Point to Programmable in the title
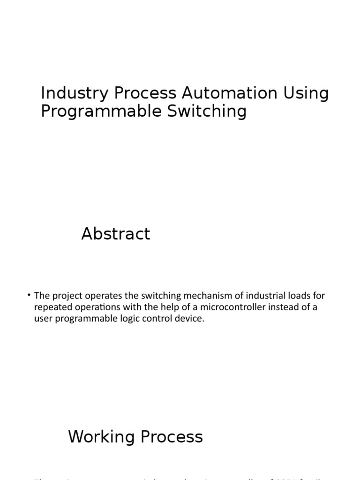[x=95, y=112]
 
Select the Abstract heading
[x=116, y=233]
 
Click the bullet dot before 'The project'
[x=29, y=295]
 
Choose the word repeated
[x=52, y=308]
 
